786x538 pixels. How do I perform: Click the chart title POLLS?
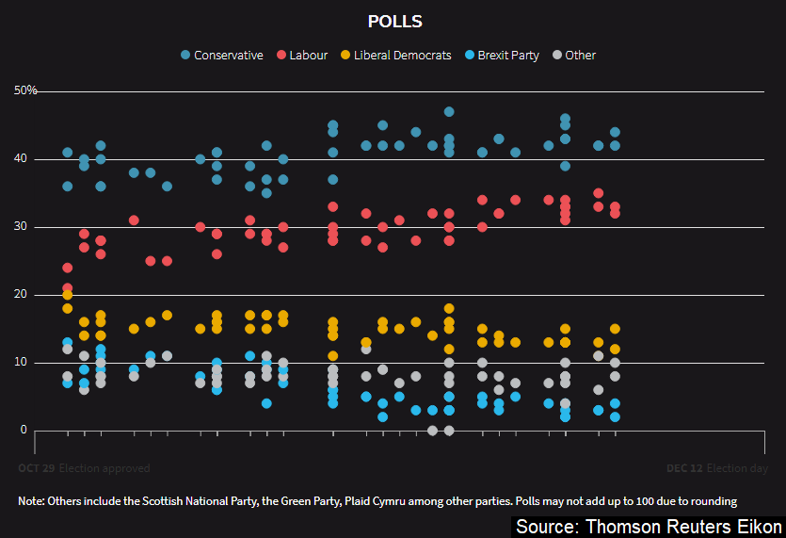coord(394,21)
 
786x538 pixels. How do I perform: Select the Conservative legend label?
coord(228,56)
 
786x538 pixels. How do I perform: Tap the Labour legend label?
coord(309,56)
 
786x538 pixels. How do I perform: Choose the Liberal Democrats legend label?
coord(402,56)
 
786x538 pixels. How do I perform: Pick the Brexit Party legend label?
coord(508,56)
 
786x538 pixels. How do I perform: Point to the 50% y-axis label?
coord(25,90)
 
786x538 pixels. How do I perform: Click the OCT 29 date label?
coord(36,468)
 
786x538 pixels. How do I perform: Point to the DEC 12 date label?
coord(683,468)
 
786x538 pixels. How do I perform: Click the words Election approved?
coord(104,468)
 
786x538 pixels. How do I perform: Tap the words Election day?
coord(737,468)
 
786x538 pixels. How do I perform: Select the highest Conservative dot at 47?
coord(449,112)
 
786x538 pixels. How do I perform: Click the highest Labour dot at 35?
coord(599,193)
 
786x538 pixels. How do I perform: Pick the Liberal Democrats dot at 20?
coord(68,295)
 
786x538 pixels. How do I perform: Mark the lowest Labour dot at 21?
coord(68,288)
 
